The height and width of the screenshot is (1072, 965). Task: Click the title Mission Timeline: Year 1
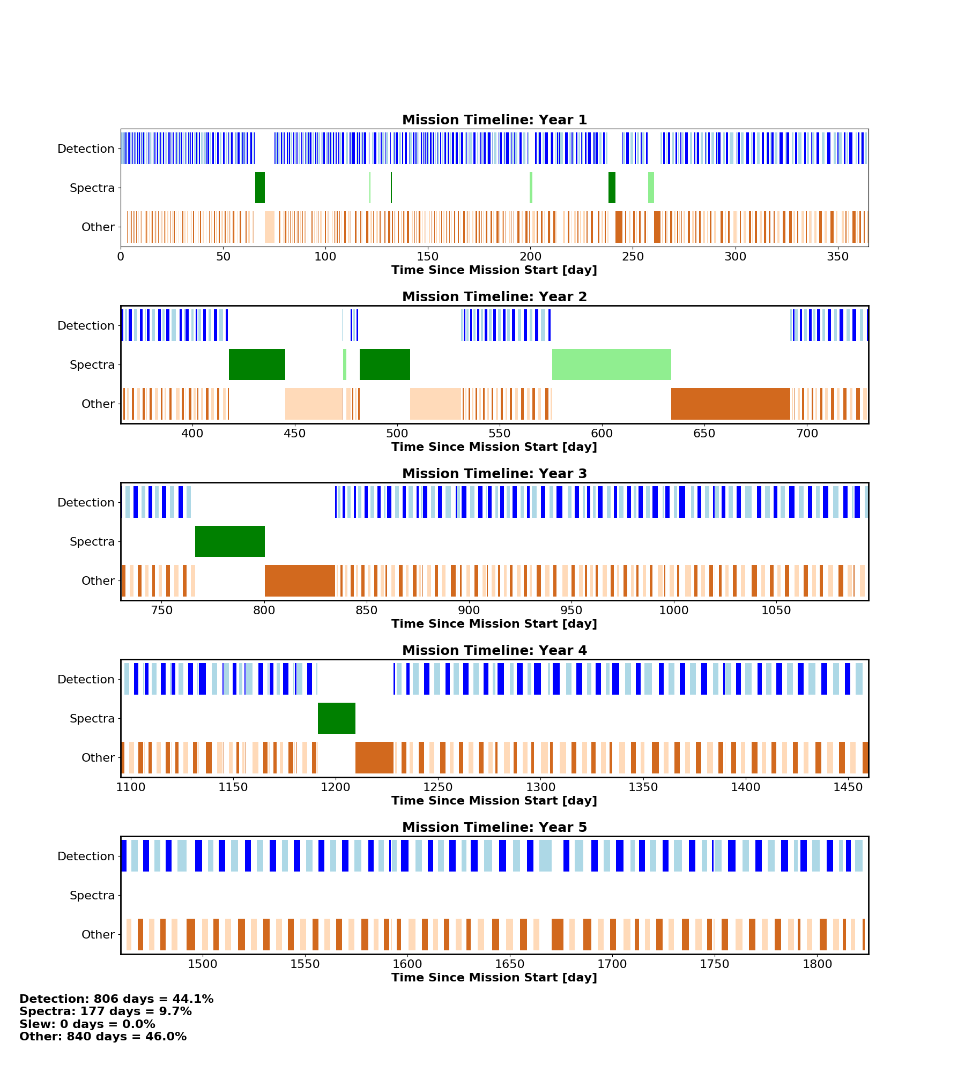coord(494,120)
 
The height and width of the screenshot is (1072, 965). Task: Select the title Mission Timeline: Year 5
coord(494,828)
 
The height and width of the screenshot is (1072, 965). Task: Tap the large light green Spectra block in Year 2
coord(611,364)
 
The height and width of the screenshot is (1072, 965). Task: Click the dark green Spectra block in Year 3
coord(230,541)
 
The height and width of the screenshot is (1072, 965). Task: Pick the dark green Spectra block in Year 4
coord(337,718)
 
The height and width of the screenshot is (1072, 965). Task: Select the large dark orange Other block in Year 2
coord(730,404)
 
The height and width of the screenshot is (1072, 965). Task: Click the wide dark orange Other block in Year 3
coord(300,580)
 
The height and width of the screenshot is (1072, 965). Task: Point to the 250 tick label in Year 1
coord(633,257)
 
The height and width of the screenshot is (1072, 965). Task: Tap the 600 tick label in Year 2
coord(602,434)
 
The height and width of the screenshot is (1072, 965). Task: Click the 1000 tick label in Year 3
coord(673,611)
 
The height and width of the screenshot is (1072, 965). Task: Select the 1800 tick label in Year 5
coord(817,964)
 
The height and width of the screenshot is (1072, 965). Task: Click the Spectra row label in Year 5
coord(92,895)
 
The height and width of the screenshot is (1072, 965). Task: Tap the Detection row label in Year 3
coord(86,502)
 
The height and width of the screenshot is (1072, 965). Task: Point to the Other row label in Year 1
coord(98,227)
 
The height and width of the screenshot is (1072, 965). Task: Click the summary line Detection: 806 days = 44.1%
coord(116,999)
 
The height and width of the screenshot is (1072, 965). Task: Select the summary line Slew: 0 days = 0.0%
coord(87,1024)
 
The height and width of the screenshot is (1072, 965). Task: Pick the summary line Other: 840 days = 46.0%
coord(103,1037)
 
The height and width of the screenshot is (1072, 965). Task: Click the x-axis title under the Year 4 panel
coord(494,801)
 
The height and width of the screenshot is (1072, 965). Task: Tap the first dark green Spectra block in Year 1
coord(260,188)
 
